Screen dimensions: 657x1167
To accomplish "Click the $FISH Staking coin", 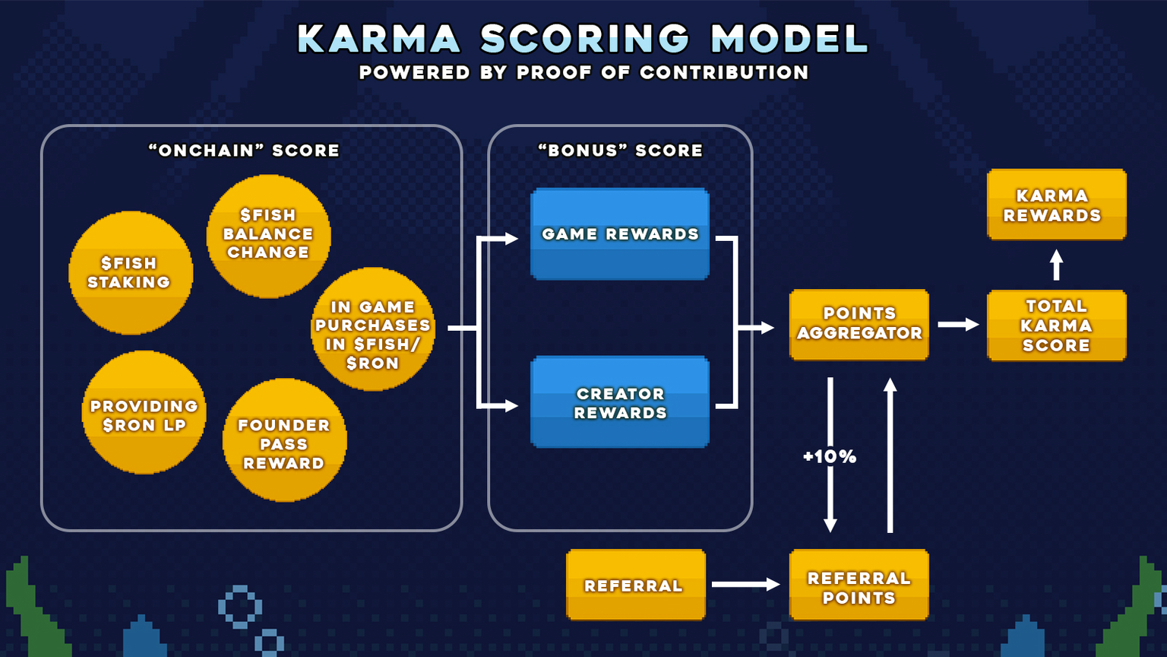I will pyautogui.click(x=131, y=273).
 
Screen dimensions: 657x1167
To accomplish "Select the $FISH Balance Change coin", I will pyautogui.click(x=268, y=236).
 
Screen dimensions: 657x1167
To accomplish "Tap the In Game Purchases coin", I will pyautogui.click(x=372, y=329).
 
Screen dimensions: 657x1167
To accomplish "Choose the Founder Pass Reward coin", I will pyautogui.click(x=284, y=440).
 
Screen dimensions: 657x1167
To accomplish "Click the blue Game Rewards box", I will pyautogui.click(x=620, y=234).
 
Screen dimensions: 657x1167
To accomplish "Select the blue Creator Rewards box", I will pyautogui.click(x=620, y=402).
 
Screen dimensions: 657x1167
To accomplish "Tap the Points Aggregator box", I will pyautogui.click(x=859, y=324).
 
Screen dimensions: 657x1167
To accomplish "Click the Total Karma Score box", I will pyautogui.click(x=1056, y=325).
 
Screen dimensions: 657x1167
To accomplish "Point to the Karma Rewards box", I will pyautogui.click(x=1056, y=205).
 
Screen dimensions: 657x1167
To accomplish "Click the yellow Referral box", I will pyautogui.click(x=636, y=585).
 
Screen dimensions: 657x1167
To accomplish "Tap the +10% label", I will pyautogui.click(x=830, y=457).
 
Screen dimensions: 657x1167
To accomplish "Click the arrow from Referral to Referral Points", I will pyautogui.click(x=745, y=584).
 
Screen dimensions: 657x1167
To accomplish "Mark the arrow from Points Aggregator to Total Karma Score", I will pyautogui.click(x=958, y=325).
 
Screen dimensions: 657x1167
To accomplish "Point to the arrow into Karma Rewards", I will pyautogui.click(x=1056, y=265).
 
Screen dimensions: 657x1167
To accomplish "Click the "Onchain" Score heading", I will pyautogui.click(x=244, y=151).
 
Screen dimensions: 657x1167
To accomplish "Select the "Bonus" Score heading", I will pyautogui.click(x=620, y=151).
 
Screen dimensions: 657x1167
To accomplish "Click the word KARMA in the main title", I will pyautogui.click(x=378, y=40).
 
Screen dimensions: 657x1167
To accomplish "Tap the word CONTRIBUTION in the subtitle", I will pyautogui.click(x=724, y=73).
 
